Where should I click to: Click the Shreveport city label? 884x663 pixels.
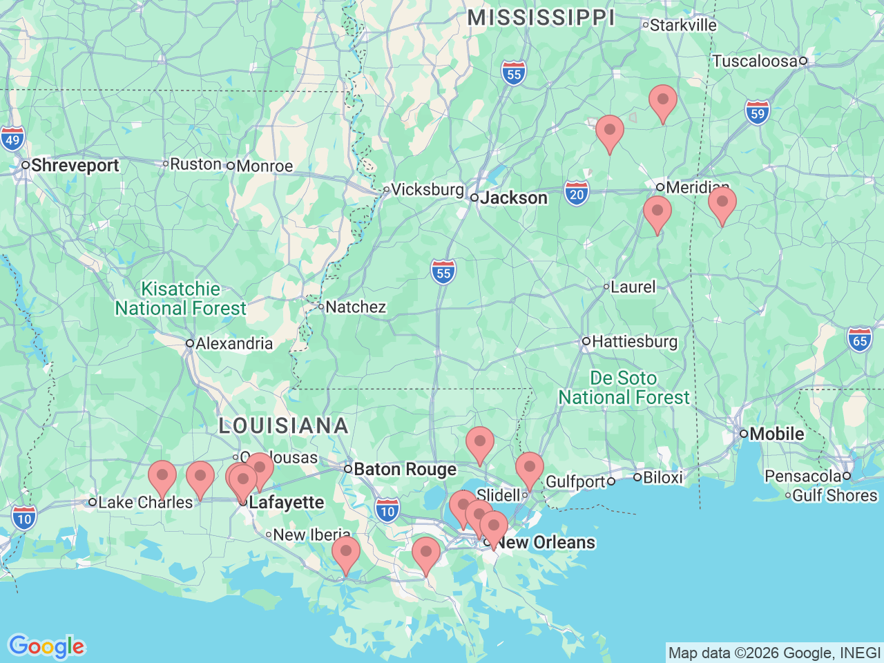tap(75, 166)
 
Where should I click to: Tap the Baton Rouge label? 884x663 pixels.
tap(405, 470)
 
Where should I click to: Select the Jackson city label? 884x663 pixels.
tap(514, 198)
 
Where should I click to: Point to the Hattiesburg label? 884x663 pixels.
tap(634, 341)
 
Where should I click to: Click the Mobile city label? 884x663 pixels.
tap(776, 434)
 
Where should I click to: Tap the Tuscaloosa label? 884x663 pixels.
tap(755, 61)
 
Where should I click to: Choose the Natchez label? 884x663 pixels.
tap(355, 307)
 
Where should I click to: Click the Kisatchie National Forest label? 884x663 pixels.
tap(180, 298)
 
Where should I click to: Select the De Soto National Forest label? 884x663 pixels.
tap(624, 387)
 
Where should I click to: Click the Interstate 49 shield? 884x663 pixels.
tap(12, 138)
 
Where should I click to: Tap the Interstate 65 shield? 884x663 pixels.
tap(860, 339)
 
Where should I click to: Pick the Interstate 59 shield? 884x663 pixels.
tap(758, 112)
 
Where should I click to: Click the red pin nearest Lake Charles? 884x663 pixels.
tap(162, 477)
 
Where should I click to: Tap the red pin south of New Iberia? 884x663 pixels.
tap(346, 552)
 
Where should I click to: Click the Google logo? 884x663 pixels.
tap(46, 646)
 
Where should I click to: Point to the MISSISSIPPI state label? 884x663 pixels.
tap(541, 18)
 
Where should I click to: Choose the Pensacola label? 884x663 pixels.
tap(802, 476)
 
